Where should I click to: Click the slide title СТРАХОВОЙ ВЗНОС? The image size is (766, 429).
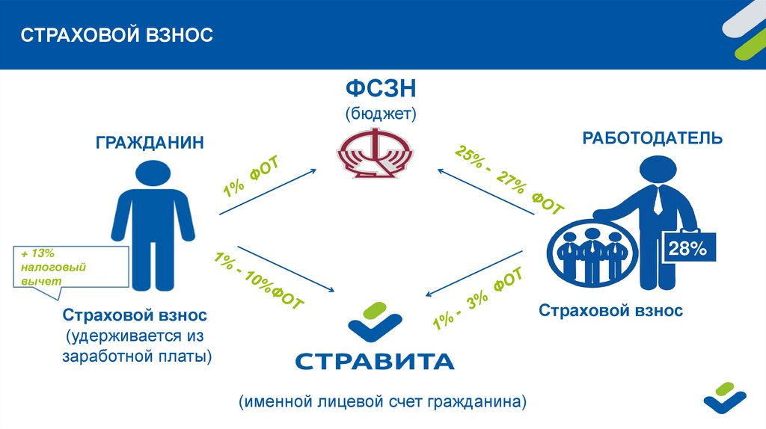(x=116, y=35)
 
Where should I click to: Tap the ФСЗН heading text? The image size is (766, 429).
(x=380, y=90)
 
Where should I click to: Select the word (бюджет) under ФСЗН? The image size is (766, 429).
(x=380, y=114)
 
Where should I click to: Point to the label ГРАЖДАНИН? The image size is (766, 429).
(x=150, y=142)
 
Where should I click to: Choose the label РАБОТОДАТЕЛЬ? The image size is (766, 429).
(x=653, y=138)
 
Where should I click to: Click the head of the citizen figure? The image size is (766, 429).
(x=152, y=177)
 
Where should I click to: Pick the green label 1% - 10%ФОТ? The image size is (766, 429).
(x=259, y=282)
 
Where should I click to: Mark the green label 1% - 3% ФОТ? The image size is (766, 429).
(x=477, y=301)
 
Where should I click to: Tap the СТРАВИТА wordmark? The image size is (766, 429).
(x=375, y=362)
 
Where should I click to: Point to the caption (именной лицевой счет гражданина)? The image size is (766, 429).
(x=383, y=402)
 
